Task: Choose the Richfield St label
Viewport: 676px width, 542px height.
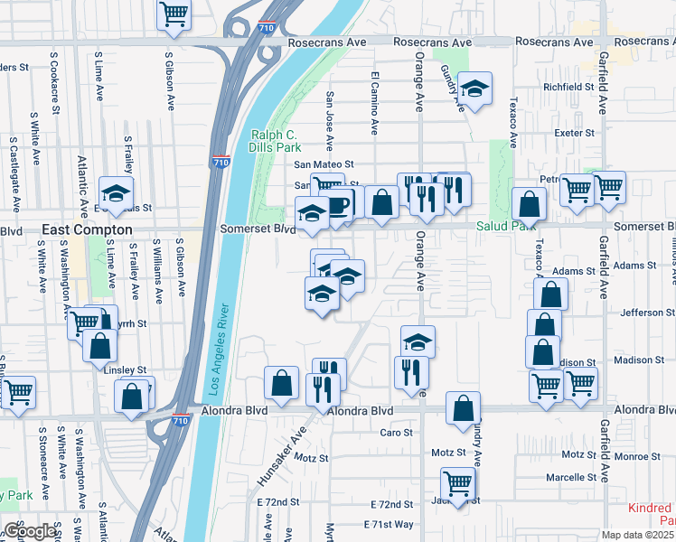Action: click(x=568, y=88)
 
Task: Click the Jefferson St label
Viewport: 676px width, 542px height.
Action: click(x=643, y=313)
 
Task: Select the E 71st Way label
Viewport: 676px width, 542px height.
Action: click(x=389, y=524)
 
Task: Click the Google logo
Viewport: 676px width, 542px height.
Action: click(x=30, y=531)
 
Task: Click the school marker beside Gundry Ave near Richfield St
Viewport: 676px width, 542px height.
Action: click(x=473, y=89)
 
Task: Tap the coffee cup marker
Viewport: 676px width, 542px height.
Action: click(x=338, y=204)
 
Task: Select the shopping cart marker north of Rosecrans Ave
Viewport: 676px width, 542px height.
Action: click(x=174, y=13)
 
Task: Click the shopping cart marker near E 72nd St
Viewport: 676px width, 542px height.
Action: click(x=458, y=481)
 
